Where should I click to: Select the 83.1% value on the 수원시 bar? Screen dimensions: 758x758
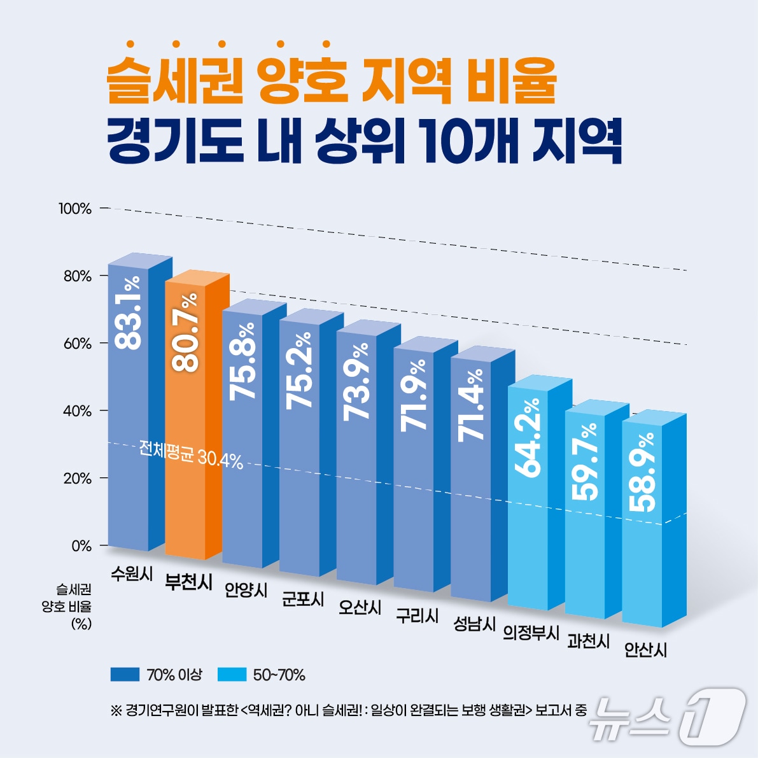tap(129, 312)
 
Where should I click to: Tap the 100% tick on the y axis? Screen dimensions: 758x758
tap(75, 208)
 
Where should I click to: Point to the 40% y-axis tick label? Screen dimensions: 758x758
tap(77, 411)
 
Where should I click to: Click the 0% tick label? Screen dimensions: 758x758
tap(81, 546)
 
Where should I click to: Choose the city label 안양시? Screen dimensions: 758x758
tap(246, 590)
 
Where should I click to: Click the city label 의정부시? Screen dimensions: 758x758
tap(531, 633)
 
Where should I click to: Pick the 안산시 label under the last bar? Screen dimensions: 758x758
tap(645, 650)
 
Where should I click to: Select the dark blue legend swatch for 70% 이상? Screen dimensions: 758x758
tap(124, 675)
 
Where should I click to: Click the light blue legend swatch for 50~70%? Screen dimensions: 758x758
tap(232, 675)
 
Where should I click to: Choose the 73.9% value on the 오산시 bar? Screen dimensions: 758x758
tap(356, 381)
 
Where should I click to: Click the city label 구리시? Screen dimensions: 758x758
tap(417, 615)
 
